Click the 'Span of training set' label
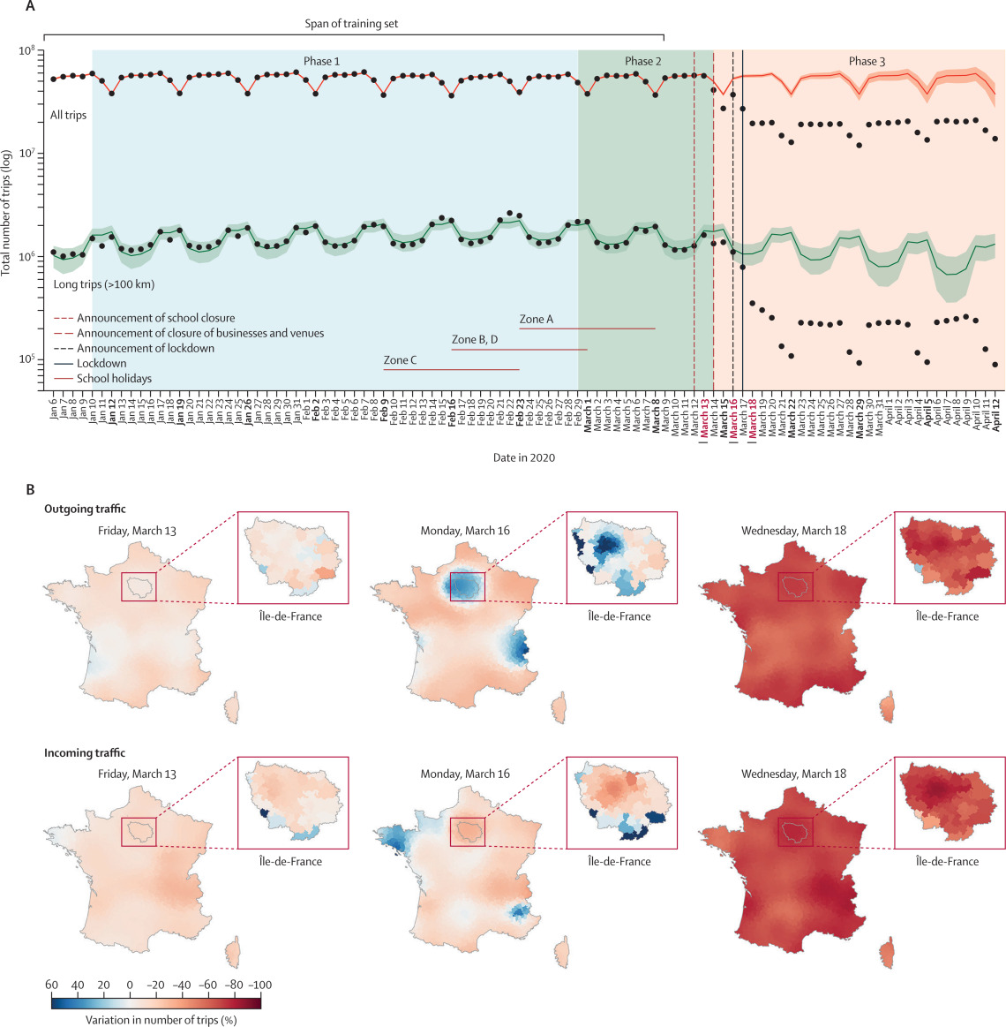click(x=352, y=24)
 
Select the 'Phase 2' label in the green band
click(x=642, y=61)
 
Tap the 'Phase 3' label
click(x=867, y=61)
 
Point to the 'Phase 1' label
click(x=321, y=61)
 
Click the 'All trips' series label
click(x=68, y=115)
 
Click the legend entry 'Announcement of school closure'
click(x=155, y=318)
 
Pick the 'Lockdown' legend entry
click(x=101, y=363)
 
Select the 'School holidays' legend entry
click(x=114, y=378)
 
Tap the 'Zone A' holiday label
click(x=537, y=319)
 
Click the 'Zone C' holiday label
click(x=400, y=360)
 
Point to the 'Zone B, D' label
click(x=475, y=339)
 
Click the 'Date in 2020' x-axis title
click(x=524, y=457)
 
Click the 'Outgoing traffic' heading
click(x=85, y=509)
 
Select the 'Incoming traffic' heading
click(x=85, y=753)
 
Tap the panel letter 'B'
click(x=31, y=488)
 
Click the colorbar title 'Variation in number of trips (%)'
click(x=161, y=1019)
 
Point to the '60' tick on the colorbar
click(x=51, y=985)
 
